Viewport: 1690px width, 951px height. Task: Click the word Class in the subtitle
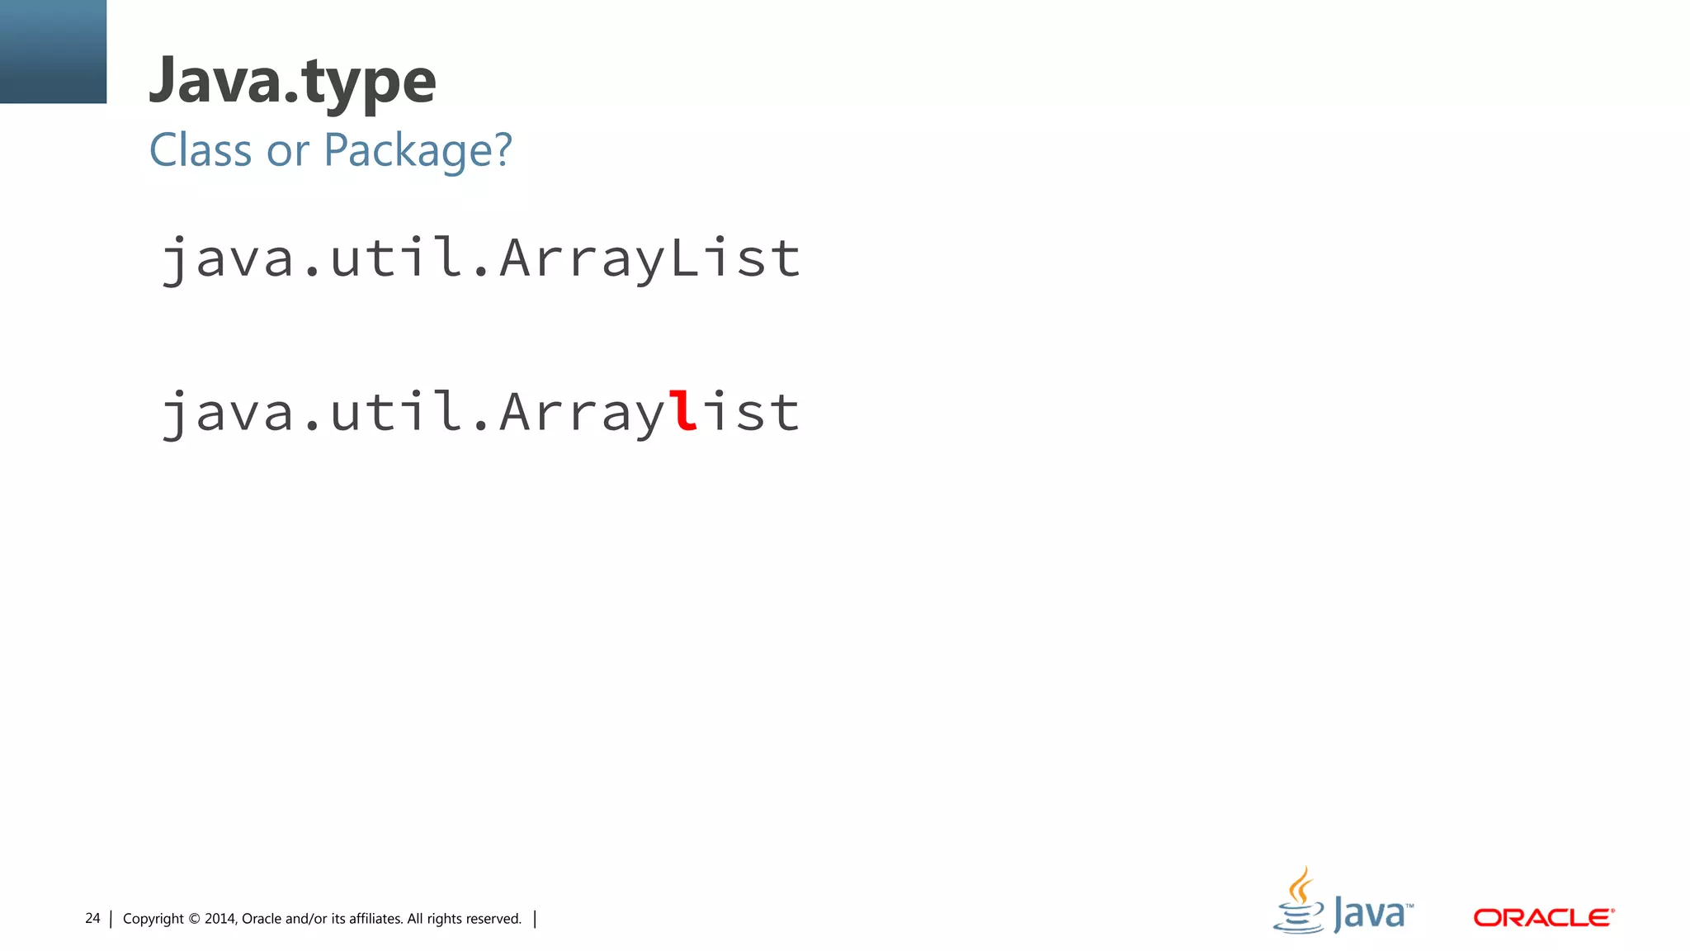[200, 150]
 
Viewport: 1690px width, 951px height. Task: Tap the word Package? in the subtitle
[418, 150]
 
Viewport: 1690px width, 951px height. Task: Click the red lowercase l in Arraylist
[683, 411]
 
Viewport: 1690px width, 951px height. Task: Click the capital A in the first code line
[515, 258]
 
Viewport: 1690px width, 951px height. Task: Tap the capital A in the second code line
[515, 411]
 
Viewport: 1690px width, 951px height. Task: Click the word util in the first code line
[395, 258]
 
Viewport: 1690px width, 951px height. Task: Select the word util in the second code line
[395, 411]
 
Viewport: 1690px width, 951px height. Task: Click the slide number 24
[92, 919]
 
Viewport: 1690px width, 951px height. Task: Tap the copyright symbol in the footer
[195, 920]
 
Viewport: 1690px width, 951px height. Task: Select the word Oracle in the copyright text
[262, 919]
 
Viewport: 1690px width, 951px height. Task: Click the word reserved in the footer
[493, 919]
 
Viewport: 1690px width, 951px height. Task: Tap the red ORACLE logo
[1543, 918]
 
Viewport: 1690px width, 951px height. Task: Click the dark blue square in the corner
[53, 51]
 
